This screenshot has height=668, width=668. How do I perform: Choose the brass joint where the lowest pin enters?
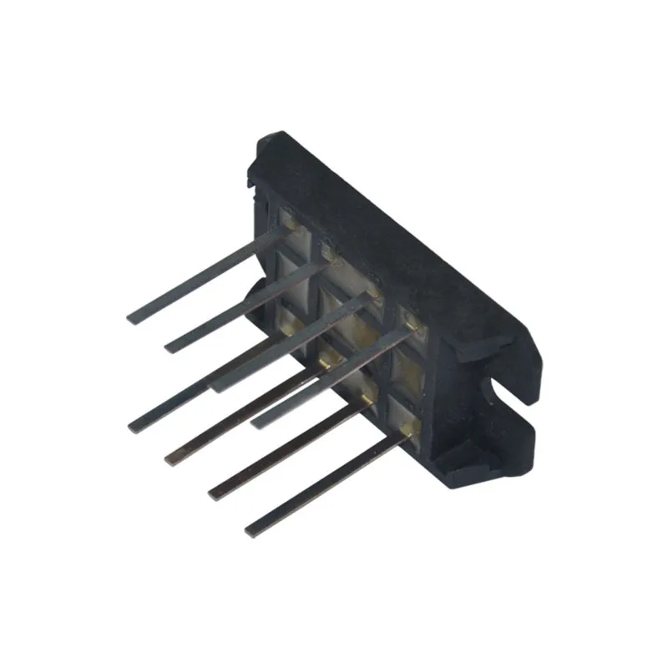tap(406, 430)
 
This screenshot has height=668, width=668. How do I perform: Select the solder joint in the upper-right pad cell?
tap(409, 316)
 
